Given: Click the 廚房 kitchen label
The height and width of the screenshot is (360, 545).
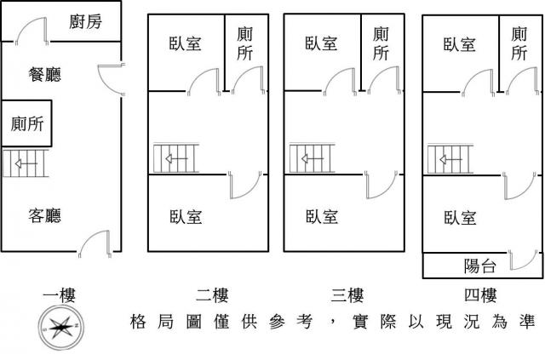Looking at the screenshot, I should [x=85, y=21].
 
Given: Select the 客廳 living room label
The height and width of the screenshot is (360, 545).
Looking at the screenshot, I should [x=44, y=215].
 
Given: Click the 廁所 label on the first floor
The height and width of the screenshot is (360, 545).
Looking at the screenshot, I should [x=26, y=123].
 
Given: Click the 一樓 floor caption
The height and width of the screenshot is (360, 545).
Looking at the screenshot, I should [x=60, y=295].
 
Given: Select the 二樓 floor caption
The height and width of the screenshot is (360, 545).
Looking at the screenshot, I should [x=211, y=295].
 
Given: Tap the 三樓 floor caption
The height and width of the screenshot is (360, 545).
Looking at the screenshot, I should [x=347, y=295].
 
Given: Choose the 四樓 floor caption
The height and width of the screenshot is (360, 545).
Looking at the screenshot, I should [x=480, y=295].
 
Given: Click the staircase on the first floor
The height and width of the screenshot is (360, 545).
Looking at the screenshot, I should [x=26, y=163].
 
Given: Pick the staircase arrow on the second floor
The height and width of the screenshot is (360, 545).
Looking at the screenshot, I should [x=176, y=158].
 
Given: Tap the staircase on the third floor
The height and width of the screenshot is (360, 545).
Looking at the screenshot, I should [x=310, y=159].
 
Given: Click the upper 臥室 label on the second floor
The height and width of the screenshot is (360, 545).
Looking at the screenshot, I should [x=186, y=43].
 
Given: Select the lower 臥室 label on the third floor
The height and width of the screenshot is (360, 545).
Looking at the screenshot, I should [x=322, y=216].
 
